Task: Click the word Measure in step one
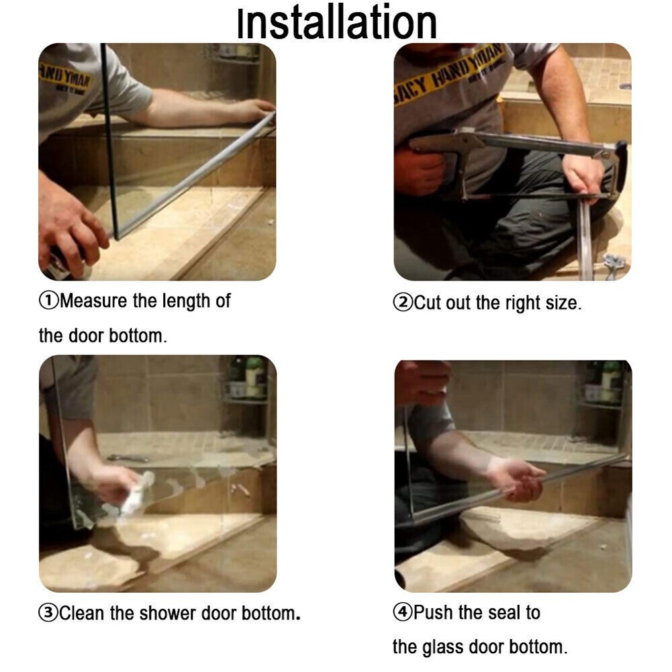[x=94, y=301]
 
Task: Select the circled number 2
[x=403, y=303]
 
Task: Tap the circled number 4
[x=403, y=612]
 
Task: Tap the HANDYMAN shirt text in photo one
[x=65, y=79]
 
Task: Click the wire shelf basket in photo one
[x=235, y=54]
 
